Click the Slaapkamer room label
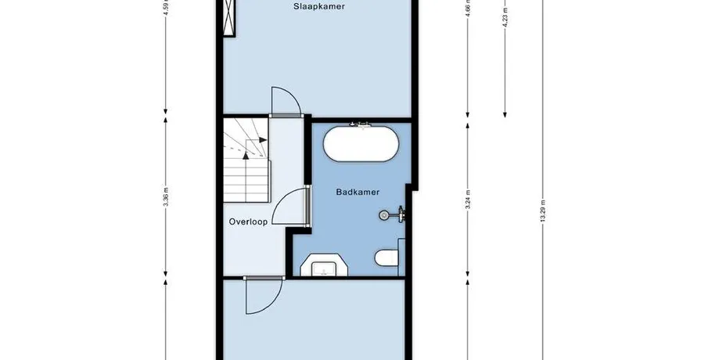click(318, 6)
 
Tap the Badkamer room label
click(358, 192)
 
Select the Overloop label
click(248, 221)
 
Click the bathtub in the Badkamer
click(361, 144)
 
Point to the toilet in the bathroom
click(386, 258)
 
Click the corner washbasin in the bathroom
click(324, 265)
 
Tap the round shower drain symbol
click(384, 215)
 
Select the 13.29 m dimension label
click(543, 211)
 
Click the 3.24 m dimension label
click(468, 199)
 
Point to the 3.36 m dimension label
click(166, 197)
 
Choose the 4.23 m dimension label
click(505, 17)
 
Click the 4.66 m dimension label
click(468, 7)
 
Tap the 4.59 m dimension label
click(166, 7)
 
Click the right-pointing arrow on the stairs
click(263, 139)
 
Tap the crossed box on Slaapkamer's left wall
click(229, 18)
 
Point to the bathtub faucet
click(361, 124)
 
